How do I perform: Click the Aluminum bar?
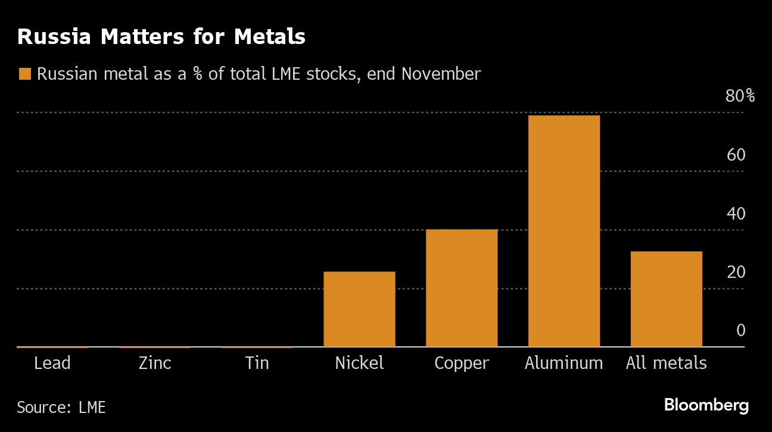[x=564, y=231]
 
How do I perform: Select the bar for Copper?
[x=462, y=288]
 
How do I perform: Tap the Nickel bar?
[x=359, y=309]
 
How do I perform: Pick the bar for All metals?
[x=666, y=299]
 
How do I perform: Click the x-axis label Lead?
[x=52, y=363]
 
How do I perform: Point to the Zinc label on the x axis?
[x=155, y=363]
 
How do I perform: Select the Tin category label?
[x=257, y=363]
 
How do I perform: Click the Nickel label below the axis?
[x=359, y=363]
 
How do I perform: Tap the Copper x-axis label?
[x=462, y=363]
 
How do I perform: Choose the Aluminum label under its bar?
[x=564, y=363]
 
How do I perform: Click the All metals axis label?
[x=666, y=363]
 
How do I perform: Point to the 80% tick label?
[x=740, y=96]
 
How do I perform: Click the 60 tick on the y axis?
[x=736, y=155]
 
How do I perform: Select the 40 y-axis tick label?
[x=736, y=213]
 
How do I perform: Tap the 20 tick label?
[x=736, y=272]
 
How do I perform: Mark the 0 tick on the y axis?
[x=740, y=330]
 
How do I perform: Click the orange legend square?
[x=24, y=74]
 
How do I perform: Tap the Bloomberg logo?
[x=706, y=406]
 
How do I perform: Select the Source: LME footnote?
[x=61, y=407]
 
